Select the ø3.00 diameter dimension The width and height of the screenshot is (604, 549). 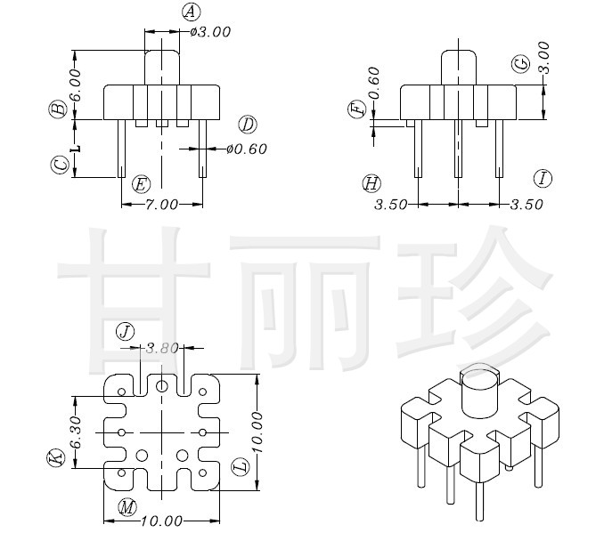(211, 31)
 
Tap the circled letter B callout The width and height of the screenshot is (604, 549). (58, 109)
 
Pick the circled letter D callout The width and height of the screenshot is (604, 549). (248, 125)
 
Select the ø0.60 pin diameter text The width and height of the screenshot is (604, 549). (247, 149)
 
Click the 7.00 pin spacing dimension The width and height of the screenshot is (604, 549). (162, 204)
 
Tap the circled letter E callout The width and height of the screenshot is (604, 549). (140, 184)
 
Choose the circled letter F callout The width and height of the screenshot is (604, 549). (357, 110)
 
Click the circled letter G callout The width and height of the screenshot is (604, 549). (521, 63)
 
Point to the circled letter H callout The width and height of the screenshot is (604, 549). (371, 183)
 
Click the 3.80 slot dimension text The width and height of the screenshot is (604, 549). (162, 348)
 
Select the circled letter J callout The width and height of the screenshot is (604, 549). (126, 332)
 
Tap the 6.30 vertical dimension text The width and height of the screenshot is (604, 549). (76, 432)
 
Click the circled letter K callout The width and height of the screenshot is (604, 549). (56, 459)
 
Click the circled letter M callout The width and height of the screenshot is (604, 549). (127, 507)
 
